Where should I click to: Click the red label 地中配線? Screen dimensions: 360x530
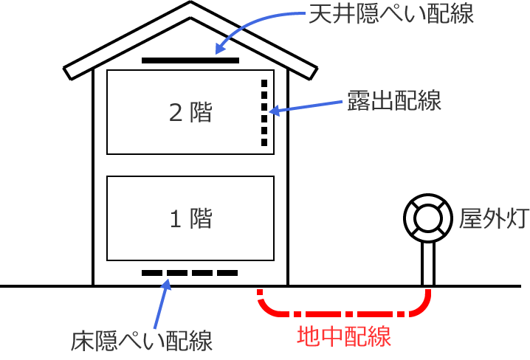pyautogui.click(x=343, y=336)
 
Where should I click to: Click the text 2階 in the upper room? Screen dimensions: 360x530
pyautogui.click(x=190, y=112)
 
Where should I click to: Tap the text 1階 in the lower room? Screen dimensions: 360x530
pyautogui.click(x=190, y=218)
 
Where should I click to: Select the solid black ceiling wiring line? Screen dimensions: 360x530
pyautogui.click(x=190, y=59)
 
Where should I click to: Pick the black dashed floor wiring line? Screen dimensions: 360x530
pyautogui.click(x=190, y=273)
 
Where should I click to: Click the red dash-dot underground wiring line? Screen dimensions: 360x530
pyautogui.click(x=343, y=311)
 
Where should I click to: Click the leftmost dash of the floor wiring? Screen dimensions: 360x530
pyautogui.click(x=151, y=273)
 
